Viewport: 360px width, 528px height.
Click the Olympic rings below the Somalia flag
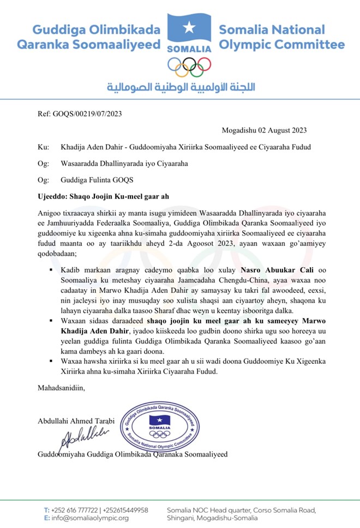click(189, 67)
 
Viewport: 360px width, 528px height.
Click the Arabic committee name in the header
click(181, 87)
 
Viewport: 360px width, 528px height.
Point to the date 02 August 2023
click(264, 130)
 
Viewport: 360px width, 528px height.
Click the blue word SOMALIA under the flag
click(188, 48)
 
